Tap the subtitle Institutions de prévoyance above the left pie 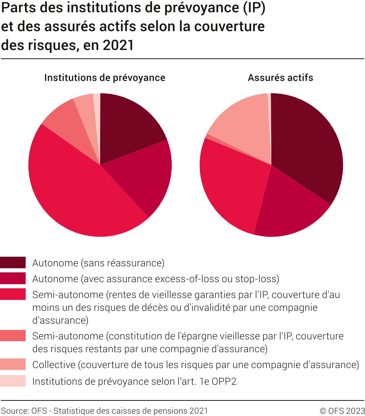(105, 78)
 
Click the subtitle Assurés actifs (280, 78)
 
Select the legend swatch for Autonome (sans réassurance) (13, 262)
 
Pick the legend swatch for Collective (13, 364)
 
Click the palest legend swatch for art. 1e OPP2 (13, 381)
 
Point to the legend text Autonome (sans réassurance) (98, 263)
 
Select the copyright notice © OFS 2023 (342, 411)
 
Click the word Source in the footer (14, 411)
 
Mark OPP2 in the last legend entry (224, 382)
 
